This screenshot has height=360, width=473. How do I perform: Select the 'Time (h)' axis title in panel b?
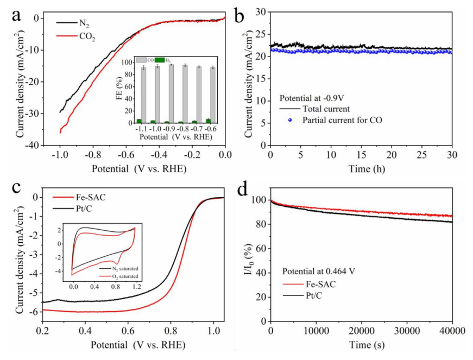[x=361, y=169]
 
